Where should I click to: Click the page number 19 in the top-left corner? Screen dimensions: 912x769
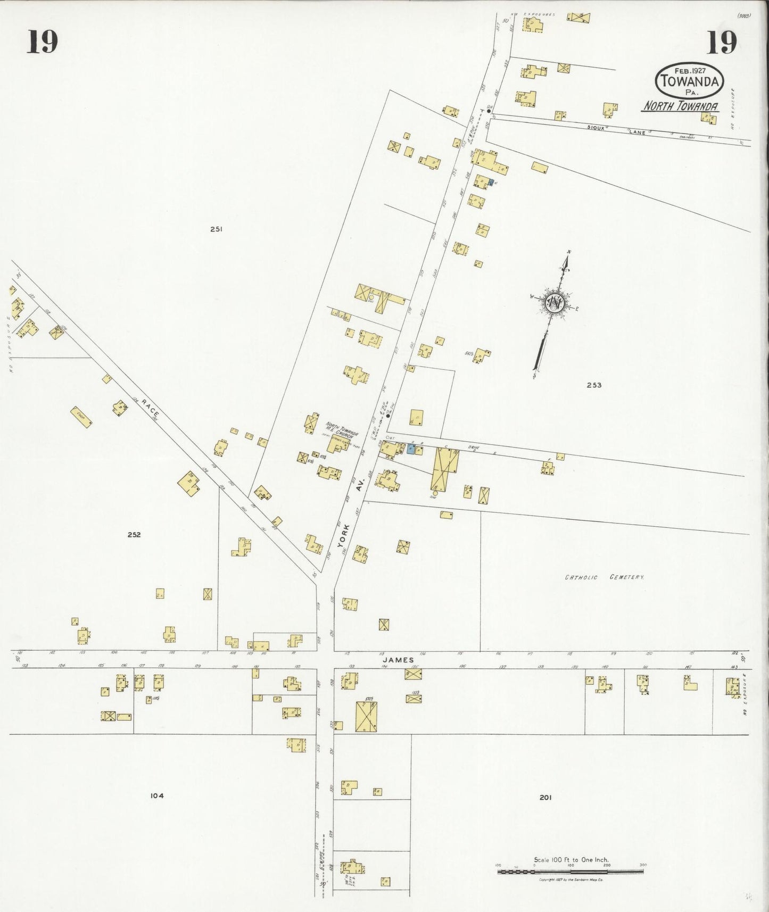[42, 42]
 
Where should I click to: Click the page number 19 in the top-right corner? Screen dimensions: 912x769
[722, 42]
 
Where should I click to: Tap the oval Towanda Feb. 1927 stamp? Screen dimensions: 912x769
[689, 80]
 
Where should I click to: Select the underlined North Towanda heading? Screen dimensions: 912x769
[681, 106]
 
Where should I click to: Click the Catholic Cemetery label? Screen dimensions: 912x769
[604, 577]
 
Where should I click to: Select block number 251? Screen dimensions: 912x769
[216, 229]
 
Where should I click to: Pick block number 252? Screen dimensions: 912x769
[134, 535]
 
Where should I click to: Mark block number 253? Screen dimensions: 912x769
[594, 385]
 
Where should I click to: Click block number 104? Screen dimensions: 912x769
[156, 795]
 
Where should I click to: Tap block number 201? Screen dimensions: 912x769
[545, 797]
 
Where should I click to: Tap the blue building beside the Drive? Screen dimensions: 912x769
[410, 449]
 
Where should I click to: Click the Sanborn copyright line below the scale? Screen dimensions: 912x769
[570, 880]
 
